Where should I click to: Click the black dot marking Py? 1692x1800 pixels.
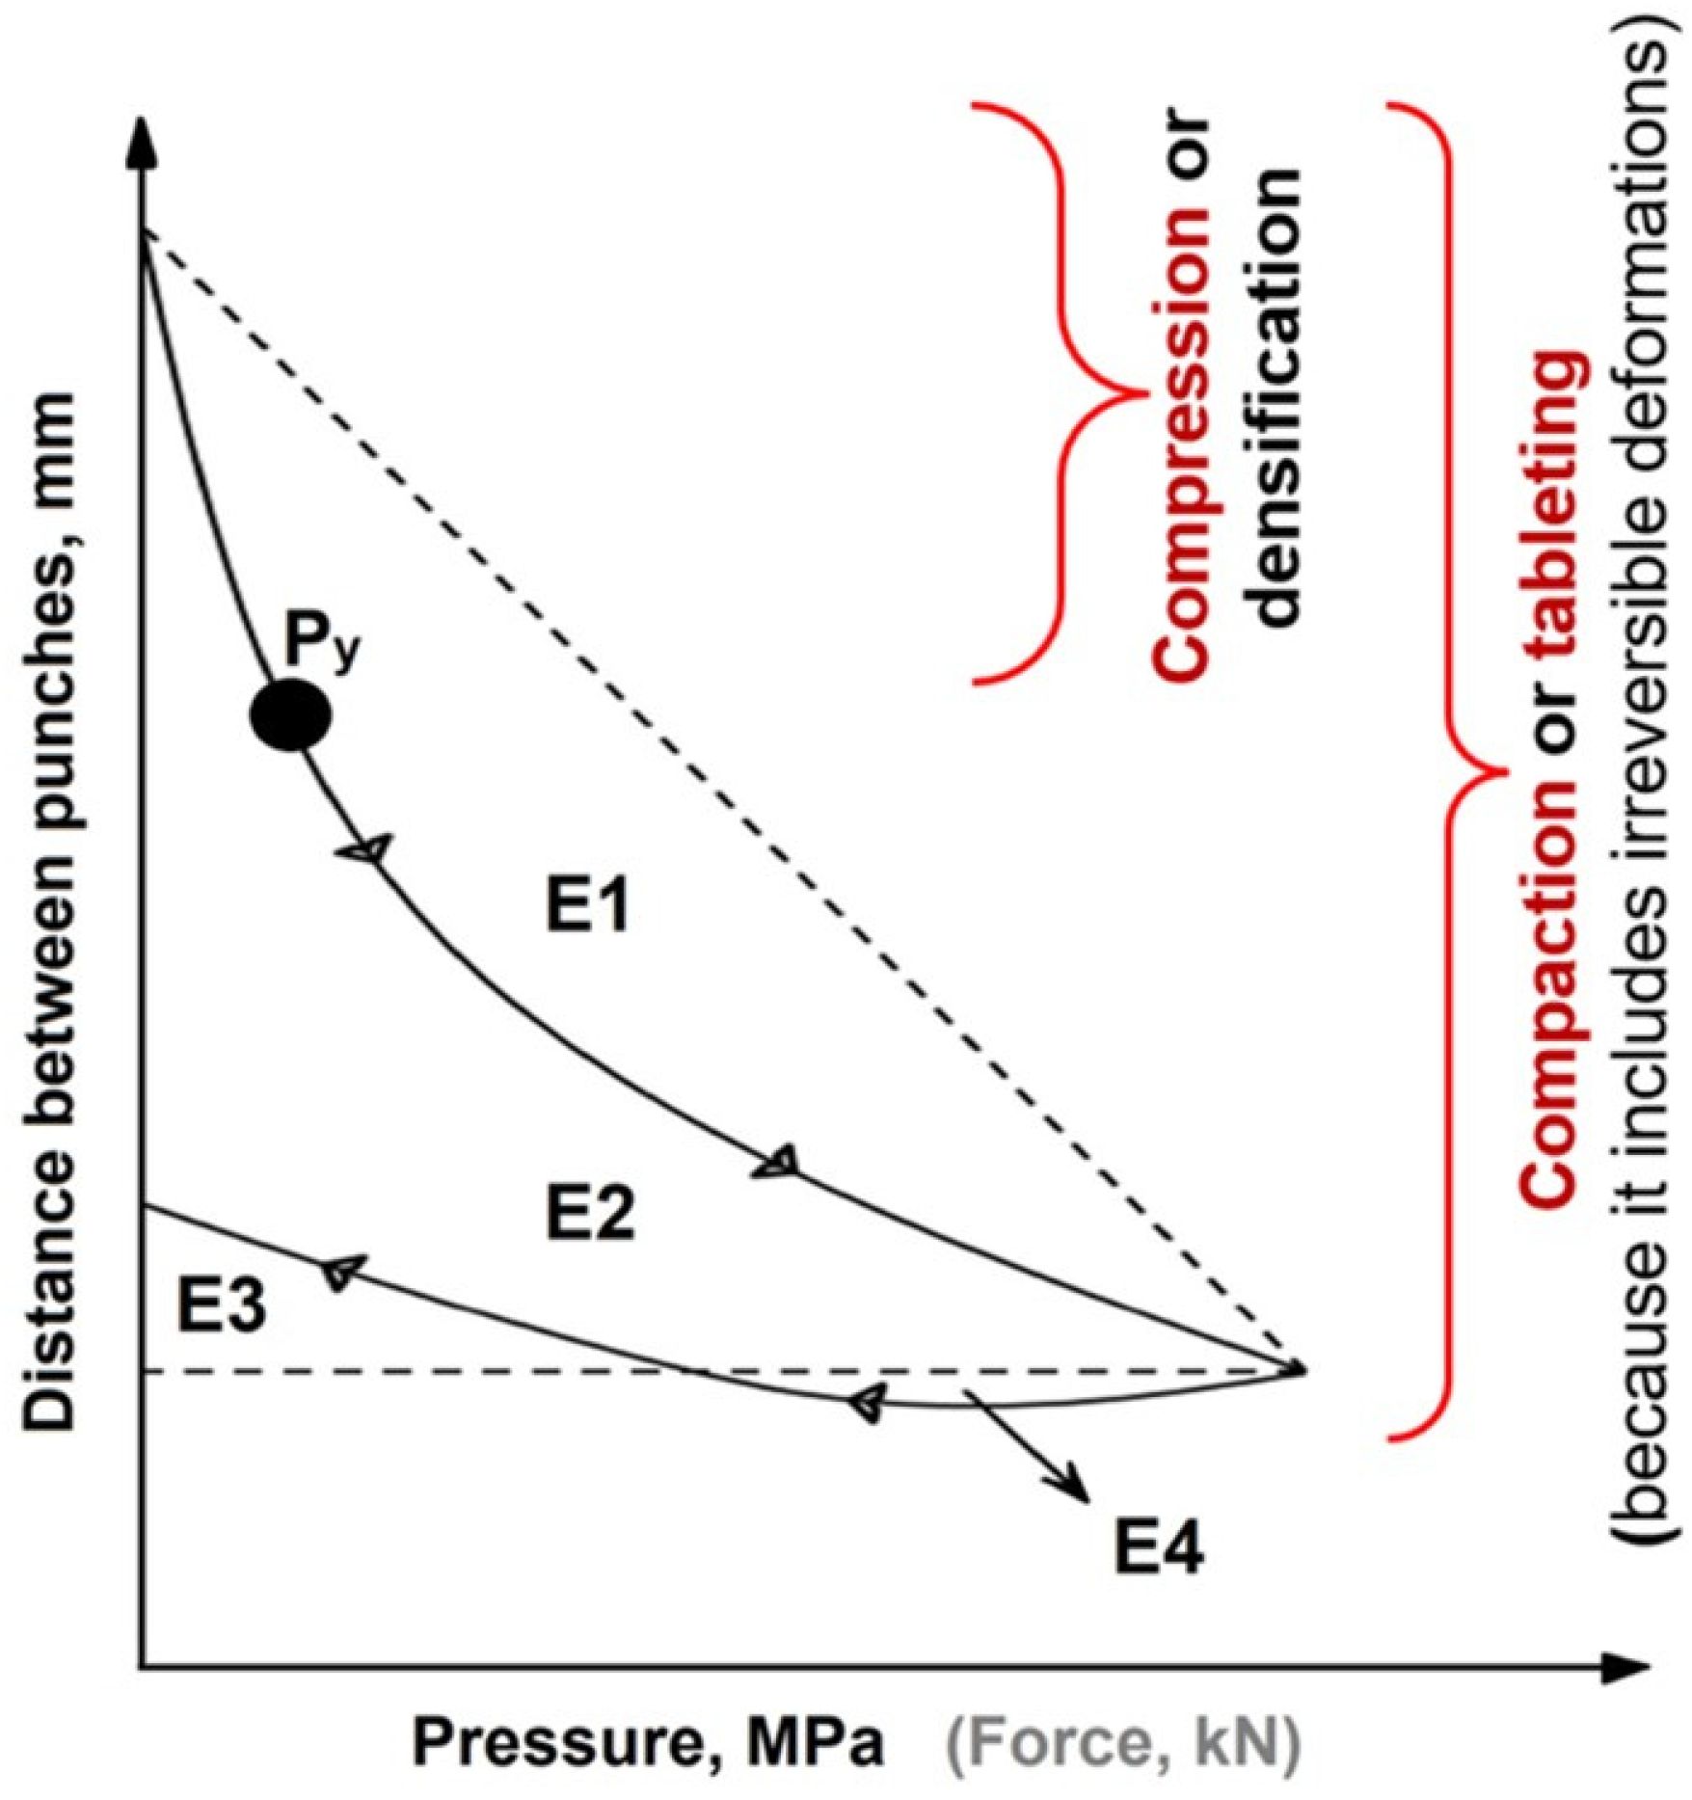point(290,714)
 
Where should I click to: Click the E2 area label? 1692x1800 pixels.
point(590,1214)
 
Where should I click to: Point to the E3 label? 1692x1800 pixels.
point(221,1309)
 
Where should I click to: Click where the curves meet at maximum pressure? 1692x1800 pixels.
point(1302,1367)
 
